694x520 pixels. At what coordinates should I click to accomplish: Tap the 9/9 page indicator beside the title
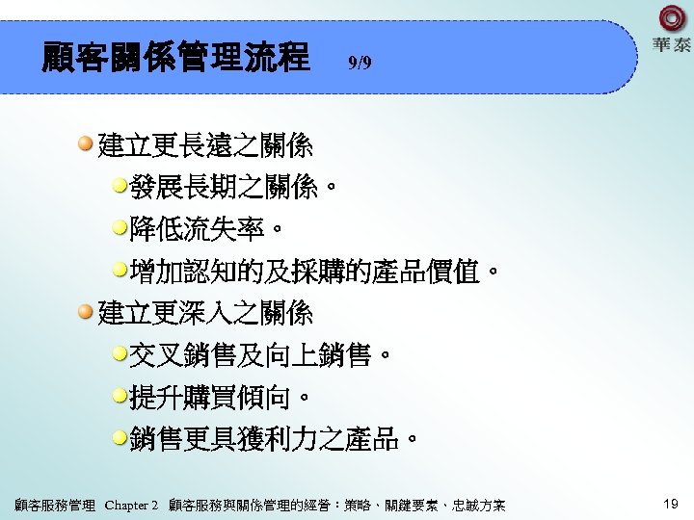point(359,64)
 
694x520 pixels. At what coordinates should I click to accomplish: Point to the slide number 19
point(671,504)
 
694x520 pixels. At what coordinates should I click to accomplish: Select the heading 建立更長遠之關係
point(205,147)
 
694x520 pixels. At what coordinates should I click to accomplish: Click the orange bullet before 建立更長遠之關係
point(87,145)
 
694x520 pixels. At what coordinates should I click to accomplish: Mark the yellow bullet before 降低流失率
point(120,228)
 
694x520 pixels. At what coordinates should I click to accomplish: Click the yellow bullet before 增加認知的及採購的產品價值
point(120,270)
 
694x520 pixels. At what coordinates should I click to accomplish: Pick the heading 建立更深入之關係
point(205,313)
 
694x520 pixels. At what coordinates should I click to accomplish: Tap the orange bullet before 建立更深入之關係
point(87,311)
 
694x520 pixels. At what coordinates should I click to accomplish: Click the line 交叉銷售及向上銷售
point(260,355)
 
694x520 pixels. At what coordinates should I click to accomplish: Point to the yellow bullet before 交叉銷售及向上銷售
point(120,353)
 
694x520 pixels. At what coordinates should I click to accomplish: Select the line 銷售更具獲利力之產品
point(274,439)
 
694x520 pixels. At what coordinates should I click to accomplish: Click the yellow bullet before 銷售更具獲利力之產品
point(120,437)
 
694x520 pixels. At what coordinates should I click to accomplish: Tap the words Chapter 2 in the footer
point(131,505)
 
